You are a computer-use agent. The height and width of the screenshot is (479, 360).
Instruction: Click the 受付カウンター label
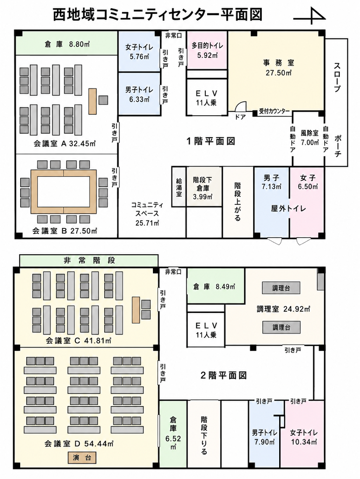(275, 111)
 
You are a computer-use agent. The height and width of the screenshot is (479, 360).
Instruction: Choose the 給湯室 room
(179, 186)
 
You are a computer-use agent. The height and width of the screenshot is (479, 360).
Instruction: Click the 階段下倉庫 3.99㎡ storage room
(203, 186)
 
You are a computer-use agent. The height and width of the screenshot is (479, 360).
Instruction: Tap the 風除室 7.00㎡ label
(309, 138)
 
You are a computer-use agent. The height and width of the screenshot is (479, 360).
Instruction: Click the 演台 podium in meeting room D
(82, 457)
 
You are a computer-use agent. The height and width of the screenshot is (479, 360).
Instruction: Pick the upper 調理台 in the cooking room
(281, 288)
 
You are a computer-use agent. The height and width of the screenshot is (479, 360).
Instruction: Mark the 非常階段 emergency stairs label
(89, 260)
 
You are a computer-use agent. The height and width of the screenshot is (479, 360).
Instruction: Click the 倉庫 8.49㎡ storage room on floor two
(216, 287)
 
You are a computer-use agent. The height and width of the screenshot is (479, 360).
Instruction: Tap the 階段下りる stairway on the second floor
(204, 434)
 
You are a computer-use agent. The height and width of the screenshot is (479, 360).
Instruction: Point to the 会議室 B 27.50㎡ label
(65, 231)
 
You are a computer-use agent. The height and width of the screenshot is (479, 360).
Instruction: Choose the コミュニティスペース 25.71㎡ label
(147, 213)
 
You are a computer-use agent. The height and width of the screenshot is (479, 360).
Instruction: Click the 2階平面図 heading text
(224, 375)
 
